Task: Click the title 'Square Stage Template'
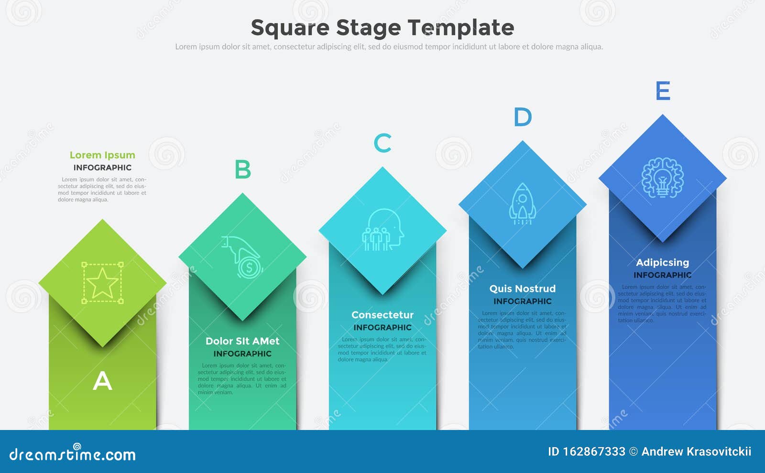[x=382, y=28]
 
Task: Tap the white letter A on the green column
[x=102, y=381]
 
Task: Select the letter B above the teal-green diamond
[x=242, y=170]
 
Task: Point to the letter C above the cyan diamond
[x=382, y=143]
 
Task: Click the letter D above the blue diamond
[x=523, y=117]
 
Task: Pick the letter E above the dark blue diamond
[x=663, y=91]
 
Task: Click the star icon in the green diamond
[x=102, y=283]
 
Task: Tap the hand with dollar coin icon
[x=242, y=257]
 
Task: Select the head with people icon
[x=382, y=230]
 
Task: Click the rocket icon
[x=523, y=204]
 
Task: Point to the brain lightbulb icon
[x=663, y=178]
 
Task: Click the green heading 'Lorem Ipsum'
[x=102, y=155]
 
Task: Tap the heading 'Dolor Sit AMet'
[x=242, y=341]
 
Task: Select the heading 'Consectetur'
[x=382, y=315]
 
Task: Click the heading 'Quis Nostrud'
[x=523, y=289]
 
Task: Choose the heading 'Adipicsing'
[x=663, y=262]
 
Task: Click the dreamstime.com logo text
[x=73, y=454]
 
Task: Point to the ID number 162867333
[x=594, y=451]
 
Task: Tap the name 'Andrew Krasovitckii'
[x=696, y=451]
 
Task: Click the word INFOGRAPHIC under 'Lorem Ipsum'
[x=102, y=168]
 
